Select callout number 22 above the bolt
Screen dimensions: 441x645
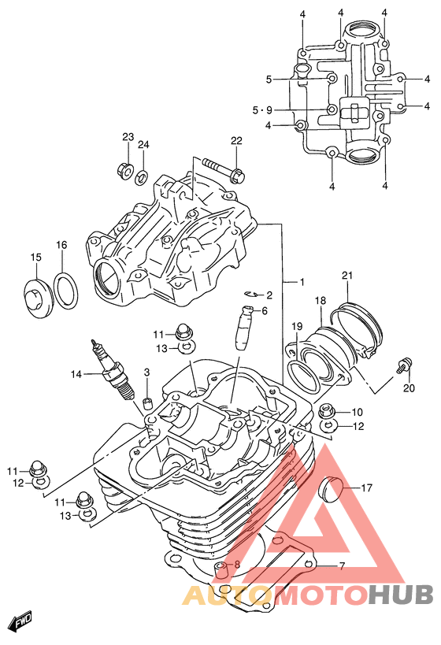point(236,141)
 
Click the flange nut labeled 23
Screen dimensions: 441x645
point(125,169)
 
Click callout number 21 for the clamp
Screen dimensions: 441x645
point(347,276)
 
